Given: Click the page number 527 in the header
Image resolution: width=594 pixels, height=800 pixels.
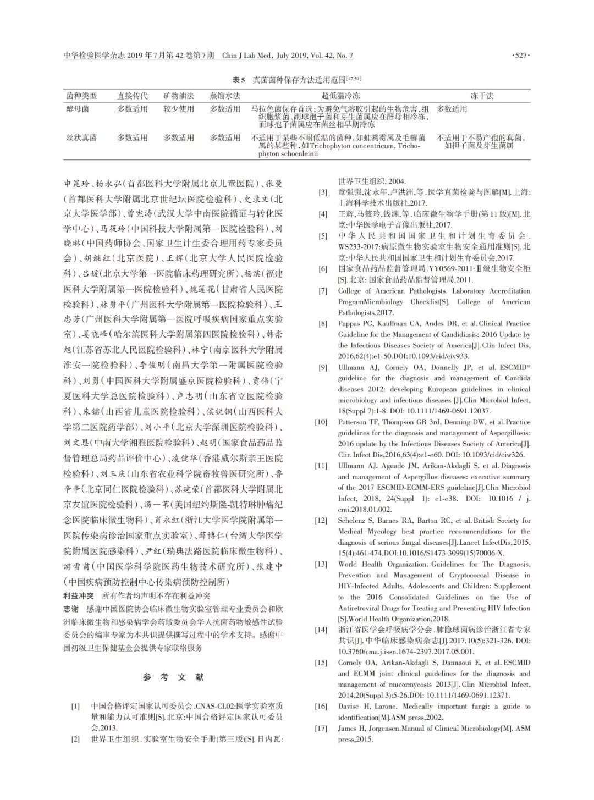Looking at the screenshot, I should [520, 56].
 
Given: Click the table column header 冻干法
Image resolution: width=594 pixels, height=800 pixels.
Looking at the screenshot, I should [481, 96].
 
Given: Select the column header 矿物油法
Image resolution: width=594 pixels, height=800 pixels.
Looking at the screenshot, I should [178, 96].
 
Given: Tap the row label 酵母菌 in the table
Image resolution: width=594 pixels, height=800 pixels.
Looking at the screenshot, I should [78, 109].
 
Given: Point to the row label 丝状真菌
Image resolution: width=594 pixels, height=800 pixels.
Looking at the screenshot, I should [81, 137].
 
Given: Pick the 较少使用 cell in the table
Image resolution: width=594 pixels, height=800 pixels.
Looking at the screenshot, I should [178, 109].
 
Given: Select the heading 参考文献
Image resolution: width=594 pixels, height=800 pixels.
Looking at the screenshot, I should [173, 677].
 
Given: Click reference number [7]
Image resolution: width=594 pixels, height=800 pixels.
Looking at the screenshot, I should [322, 291].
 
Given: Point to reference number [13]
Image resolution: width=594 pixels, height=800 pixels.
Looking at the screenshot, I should [321, 565].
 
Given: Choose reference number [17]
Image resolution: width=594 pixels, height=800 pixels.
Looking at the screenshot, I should [321, 729].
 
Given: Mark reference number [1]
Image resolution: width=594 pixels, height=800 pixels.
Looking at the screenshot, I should [75, 706].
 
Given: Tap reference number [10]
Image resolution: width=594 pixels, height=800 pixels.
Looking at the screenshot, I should [321, 422].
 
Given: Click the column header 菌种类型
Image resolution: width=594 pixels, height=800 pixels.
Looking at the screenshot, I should [81, 96].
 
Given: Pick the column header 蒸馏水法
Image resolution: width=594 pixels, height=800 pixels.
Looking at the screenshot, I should [224, 96].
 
